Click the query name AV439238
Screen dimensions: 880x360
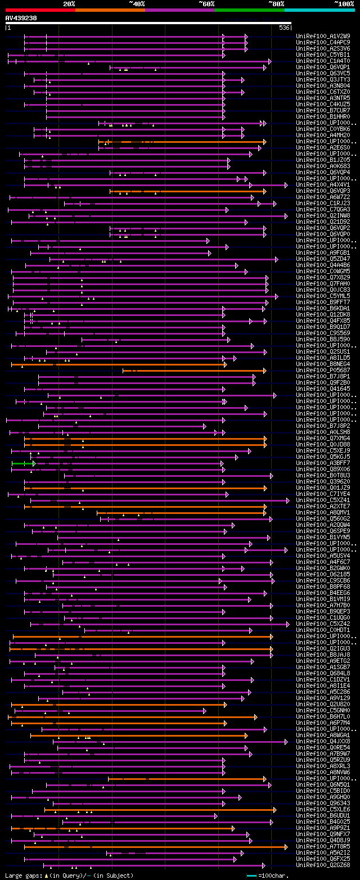coord(21,18)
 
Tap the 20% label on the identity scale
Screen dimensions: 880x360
coord(69,3)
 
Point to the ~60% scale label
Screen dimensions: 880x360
coord(206,3)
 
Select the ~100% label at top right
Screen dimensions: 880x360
coord(343,3)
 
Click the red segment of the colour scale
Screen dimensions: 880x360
coord(40,10)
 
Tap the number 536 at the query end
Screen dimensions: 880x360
coord(284,28)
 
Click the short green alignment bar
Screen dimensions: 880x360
coord(22,463)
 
